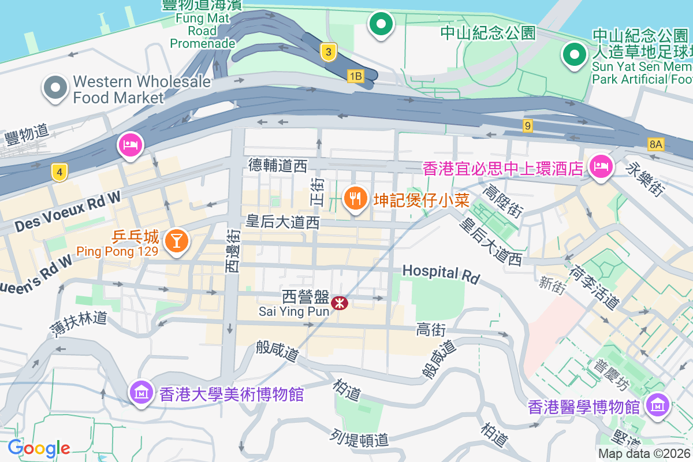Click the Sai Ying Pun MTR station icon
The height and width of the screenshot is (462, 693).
[x=340, y=301]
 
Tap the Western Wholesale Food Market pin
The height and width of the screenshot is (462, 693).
[x=55, y=88]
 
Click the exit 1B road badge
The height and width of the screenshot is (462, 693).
[x=356, y=76]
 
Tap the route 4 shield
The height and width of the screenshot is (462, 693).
[x=59, y=172]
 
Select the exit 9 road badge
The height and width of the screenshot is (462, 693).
[x=527, y=125]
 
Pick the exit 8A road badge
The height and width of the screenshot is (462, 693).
[x=655, y=144]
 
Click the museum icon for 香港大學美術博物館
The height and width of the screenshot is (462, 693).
[x=141, y=393]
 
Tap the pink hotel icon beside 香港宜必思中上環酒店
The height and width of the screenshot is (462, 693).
[x=600, y=167]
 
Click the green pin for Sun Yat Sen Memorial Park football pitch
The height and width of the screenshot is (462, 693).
[x=574, y=55]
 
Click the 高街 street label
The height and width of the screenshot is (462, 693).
[x=431, y=330]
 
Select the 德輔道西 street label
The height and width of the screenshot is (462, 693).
[x=278, y=166]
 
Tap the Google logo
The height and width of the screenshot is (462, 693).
[x=39, y=448]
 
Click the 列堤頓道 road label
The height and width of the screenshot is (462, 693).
[x=360, y=439]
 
